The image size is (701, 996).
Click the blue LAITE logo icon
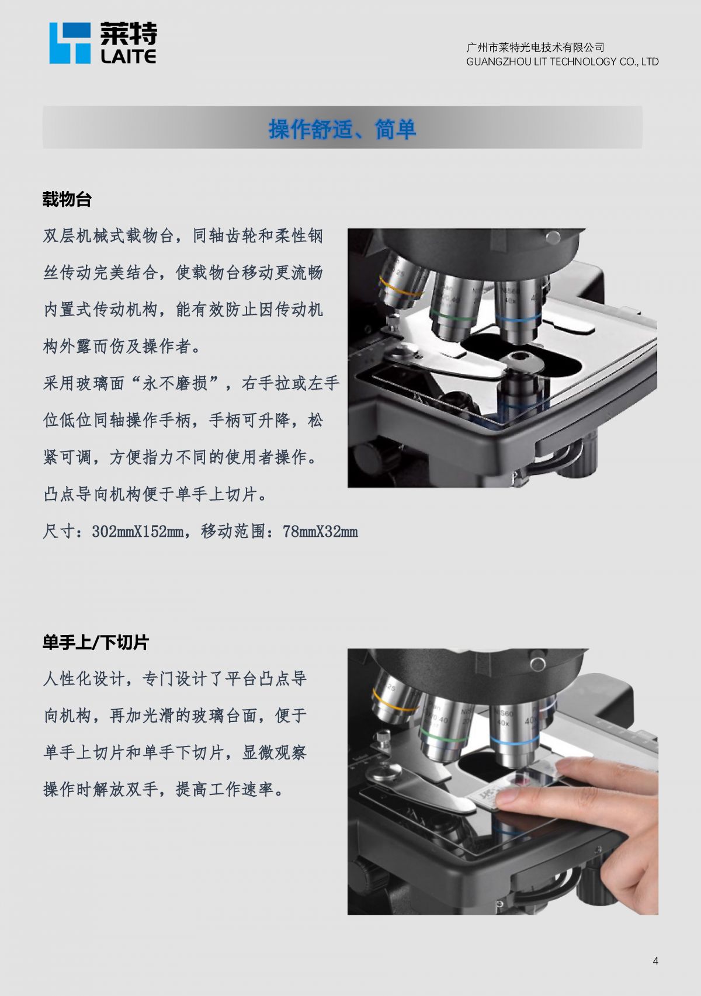point(70,43)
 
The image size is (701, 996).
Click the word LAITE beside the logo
point(129,56)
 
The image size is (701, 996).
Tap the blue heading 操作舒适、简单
point(342,129)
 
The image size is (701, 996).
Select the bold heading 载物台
point(67,199)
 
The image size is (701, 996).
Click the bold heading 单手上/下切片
point(96,642)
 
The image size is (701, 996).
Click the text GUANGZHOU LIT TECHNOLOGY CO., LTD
point(563,62)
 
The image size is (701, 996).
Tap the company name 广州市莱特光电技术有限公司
point(536,47)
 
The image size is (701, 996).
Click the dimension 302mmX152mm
point(138,532)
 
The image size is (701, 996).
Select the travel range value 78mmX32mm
point(320,532)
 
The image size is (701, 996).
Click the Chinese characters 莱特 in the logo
point(129,34)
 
